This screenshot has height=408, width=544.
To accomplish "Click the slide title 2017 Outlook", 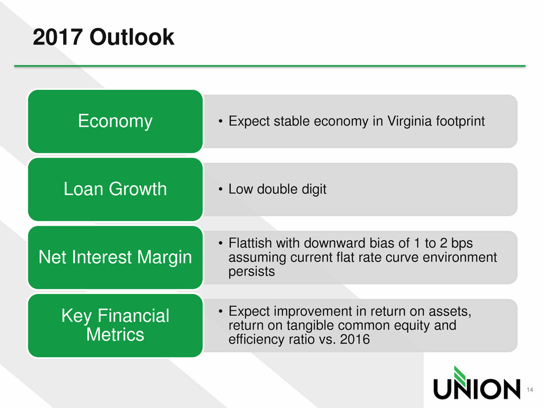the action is click(104, 37).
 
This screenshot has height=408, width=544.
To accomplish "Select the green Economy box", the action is click(115, 121).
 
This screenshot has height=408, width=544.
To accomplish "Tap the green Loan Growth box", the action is click(115, 189).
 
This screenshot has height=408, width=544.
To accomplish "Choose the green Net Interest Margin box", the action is click(115, 257).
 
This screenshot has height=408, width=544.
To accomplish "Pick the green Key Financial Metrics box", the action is click(115, 325).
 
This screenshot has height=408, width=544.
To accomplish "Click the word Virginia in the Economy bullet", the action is click(409, 122).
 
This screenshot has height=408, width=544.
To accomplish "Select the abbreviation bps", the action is click(462, 244).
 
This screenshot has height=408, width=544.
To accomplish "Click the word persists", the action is click(252, 271).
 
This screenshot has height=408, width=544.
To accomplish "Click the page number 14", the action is click(530, 389).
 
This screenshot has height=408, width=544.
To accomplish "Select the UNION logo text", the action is click(477, 389).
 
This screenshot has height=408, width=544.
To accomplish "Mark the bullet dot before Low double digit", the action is click(220, 189).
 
